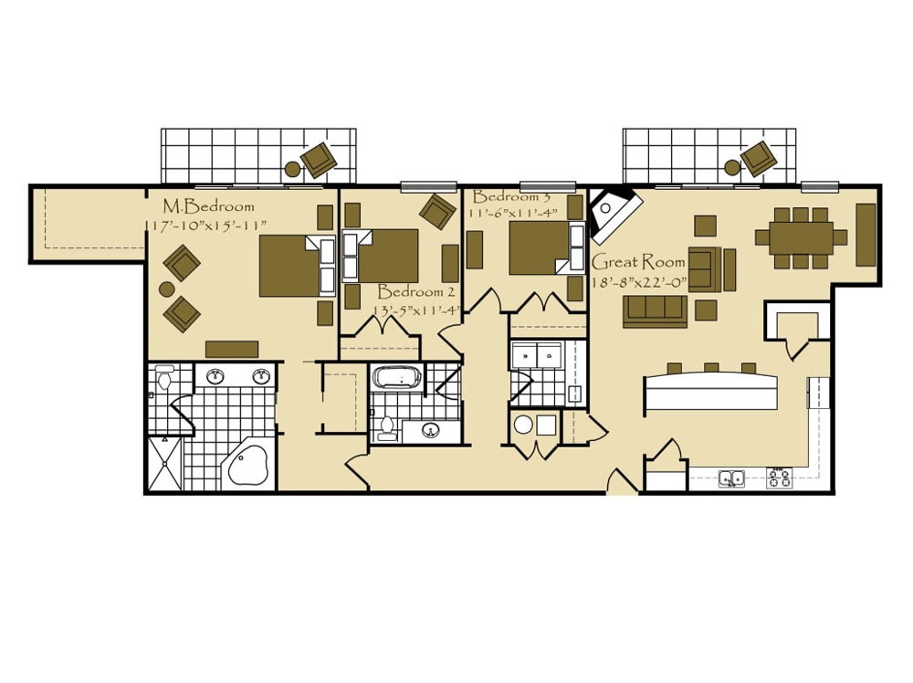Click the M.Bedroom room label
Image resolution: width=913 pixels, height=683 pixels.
point(208,206)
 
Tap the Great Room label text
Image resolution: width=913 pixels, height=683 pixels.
point(638,263)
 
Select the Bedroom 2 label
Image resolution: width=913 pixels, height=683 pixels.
point(416,291)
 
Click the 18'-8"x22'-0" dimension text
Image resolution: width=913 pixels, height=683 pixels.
point(639,283)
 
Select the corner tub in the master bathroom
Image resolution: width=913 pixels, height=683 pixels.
point(247,463)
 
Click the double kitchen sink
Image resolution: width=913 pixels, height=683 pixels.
point(731,478)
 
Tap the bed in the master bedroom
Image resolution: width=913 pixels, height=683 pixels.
point(297,266)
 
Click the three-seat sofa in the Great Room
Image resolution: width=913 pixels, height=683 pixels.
point(655,312)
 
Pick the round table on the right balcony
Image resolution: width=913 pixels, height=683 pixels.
point(732,169)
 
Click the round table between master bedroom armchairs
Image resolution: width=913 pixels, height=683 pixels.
point(167,289)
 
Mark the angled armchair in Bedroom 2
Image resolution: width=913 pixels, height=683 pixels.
point(437,212)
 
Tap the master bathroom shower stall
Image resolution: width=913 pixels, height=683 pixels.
point(165,463)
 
